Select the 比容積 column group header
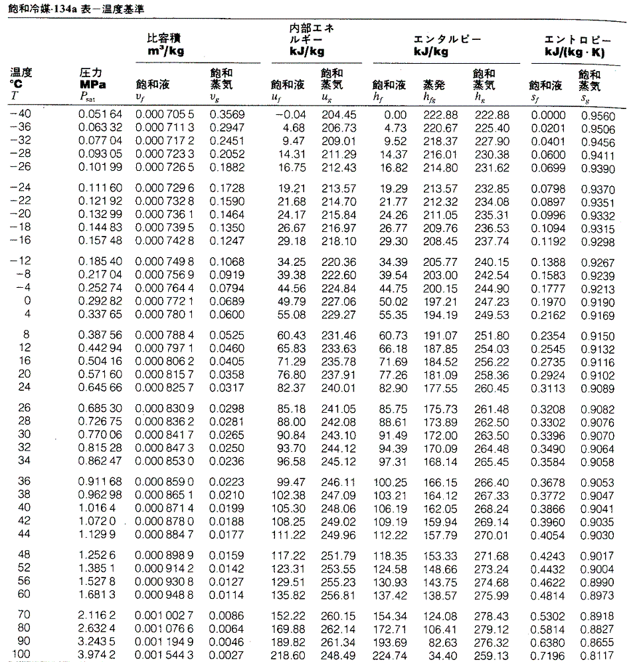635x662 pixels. click(165, 38)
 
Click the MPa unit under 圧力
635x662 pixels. click(92, 84)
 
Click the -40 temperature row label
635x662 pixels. click(21, 115)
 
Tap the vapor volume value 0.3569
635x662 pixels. click(227, 115)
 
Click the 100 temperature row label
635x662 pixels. click(21, 655)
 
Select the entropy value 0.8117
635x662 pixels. click(600, 655)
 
